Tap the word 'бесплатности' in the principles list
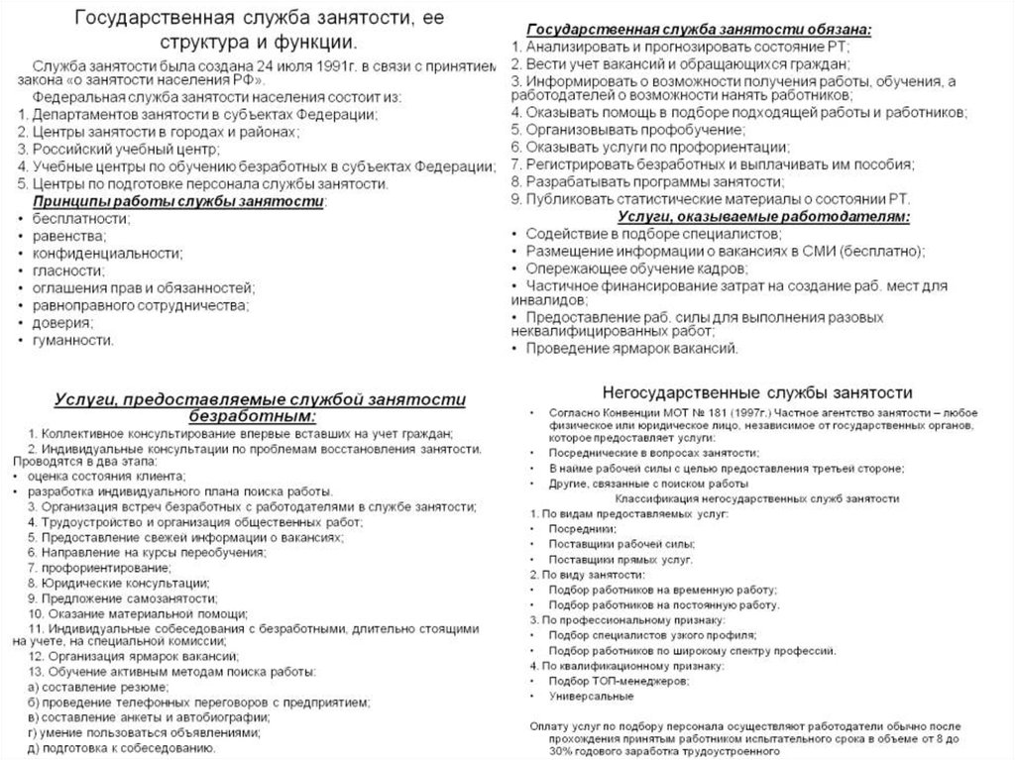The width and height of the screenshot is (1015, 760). click(79, 218)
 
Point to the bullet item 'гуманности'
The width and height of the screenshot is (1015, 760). click(71, 340)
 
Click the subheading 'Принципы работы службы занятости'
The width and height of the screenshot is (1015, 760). click(178, 200)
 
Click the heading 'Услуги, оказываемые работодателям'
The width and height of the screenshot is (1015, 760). click(763, 216)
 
